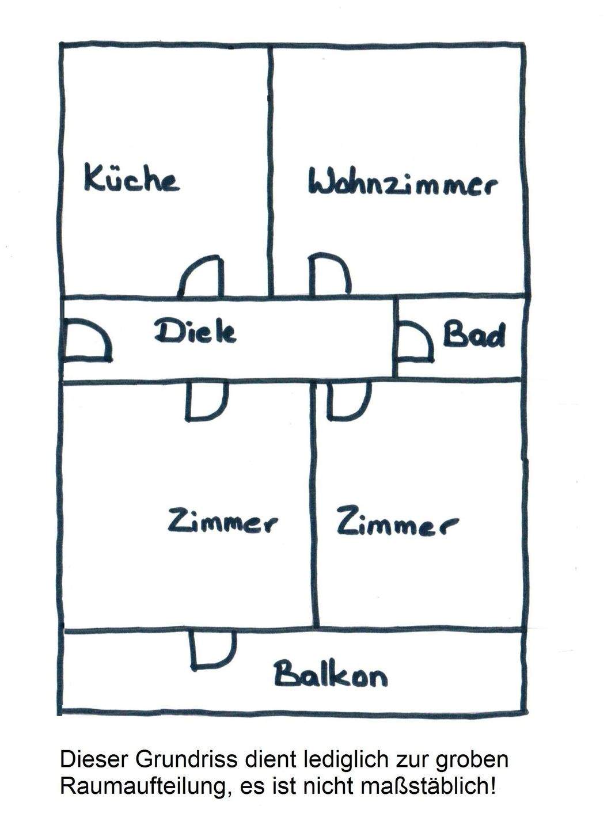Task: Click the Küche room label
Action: point(131,178)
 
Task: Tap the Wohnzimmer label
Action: point(403,184)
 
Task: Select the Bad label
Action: point(474,335)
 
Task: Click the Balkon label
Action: point(331,674)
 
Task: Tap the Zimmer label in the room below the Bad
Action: point(397,522)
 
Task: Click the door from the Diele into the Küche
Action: point(200,276)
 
